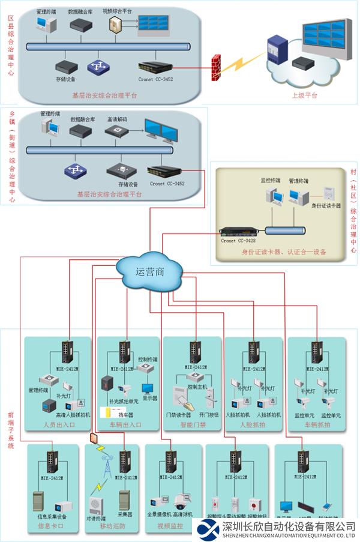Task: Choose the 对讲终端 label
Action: pyautogui.click(x=94, y=517)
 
